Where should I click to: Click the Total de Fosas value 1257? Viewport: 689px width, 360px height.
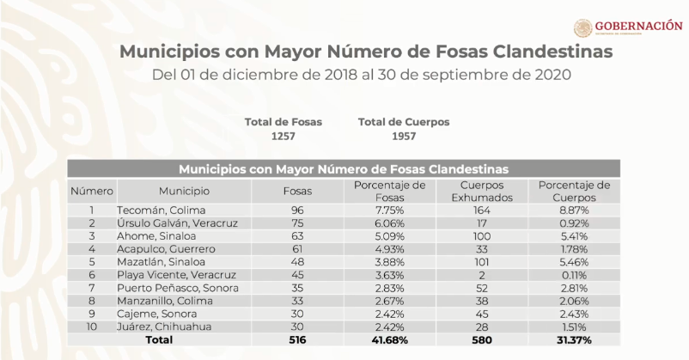pos(283,137)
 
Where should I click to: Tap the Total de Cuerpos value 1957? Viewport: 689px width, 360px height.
pos(404,137)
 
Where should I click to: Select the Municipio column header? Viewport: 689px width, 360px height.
pos(183,190)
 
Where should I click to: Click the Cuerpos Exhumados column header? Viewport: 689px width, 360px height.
pos(481,190)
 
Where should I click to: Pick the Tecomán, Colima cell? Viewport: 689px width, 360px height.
pos(158,209)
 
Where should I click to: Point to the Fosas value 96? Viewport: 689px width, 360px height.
pos(296,209)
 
